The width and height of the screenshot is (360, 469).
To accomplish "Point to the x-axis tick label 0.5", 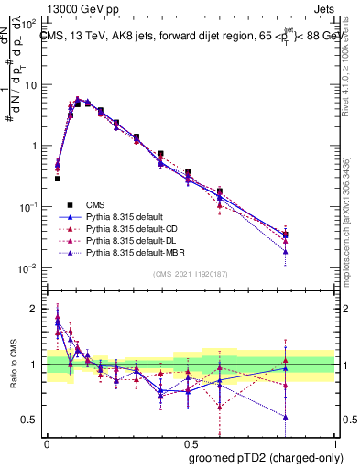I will [189, 440].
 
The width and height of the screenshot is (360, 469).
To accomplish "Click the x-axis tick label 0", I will [47, 440].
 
